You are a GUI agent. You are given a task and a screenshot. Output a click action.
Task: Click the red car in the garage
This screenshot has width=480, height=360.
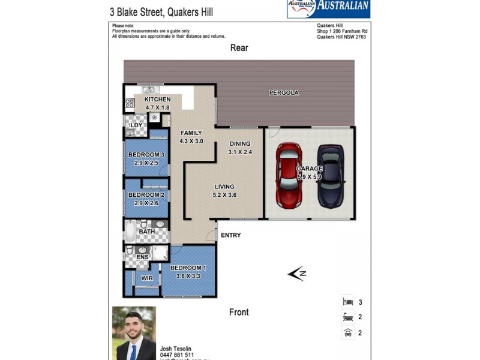289,174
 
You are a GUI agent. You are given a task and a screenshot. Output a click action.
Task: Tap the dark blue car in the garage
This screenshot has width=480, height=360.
329,175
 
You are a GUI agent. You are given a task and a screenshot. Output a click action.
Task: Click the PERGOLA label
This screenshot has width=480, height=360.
284,93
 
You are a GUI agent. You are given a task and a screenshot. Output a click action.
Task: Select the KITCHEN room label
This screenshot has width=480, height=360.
157,100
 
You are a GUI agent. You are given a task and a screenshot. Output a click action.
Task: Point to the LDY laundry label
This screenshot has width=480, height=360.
136,125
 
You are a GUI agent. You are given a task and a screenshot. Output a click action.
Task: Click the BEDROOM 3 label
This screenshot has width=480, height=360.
146,155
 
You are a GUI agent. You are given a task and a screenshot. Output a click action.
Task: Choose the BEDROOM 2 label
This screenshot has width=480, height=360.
146,195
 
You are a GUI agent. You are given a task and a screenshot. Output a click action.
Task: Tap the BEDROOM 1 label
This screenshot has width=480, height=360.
188,268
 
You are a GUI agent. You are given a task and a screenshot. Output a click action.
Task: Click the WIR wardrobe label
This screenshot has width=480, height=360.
147,278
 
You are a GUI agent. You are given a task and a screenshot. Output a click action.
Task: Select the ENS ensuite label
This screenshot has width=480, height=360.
142,257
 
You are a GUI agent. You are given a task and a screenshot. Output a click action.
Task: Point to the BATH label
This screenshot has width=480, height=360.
147,232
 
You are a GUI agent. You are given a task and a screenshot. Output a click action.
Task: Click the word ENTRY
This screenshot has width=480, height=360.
231,235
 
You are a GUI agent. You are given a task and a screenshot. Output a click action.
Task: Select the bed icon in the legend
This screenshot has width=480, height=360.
347,302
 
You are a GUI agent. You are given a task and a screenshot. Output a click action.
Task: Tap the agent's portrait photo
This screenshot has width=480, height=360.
134,333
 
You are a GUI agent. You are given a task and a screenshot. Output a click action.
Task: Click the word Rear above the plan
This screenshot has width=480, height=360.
239,48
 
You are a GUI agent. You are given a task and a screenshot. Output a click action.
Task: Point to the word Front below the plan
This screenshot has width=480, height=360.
239,312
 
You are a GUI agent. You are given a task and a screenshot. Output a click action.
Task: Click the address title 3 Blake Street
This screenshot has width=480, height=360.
161,11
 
